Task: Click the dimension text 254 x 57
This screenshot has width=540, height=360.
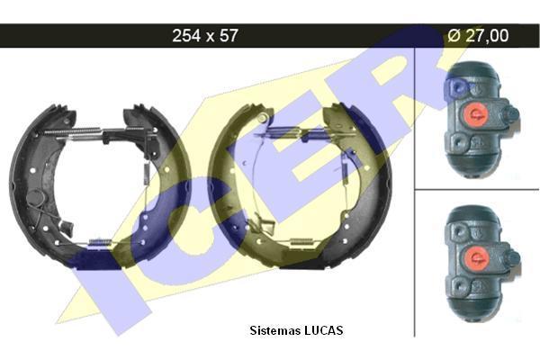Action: (x=205, y=35)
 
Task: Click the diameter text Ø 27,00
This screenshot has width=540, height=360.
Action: (x=478, y=35)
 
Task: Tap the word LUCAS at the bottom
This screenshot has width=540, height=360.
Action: (x=323, y=330)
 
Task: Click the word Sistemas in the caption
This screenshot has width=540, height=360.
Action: (x=274, y=330)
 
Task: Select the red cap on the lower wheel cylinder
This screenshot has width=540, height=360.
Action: (x=476, y=257)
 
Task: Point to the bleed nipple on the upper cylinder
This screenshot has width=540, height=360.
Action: (x=512, y=113)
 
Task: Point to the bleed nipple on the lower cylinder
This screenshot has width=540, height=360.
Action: (x=513, y=257)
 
